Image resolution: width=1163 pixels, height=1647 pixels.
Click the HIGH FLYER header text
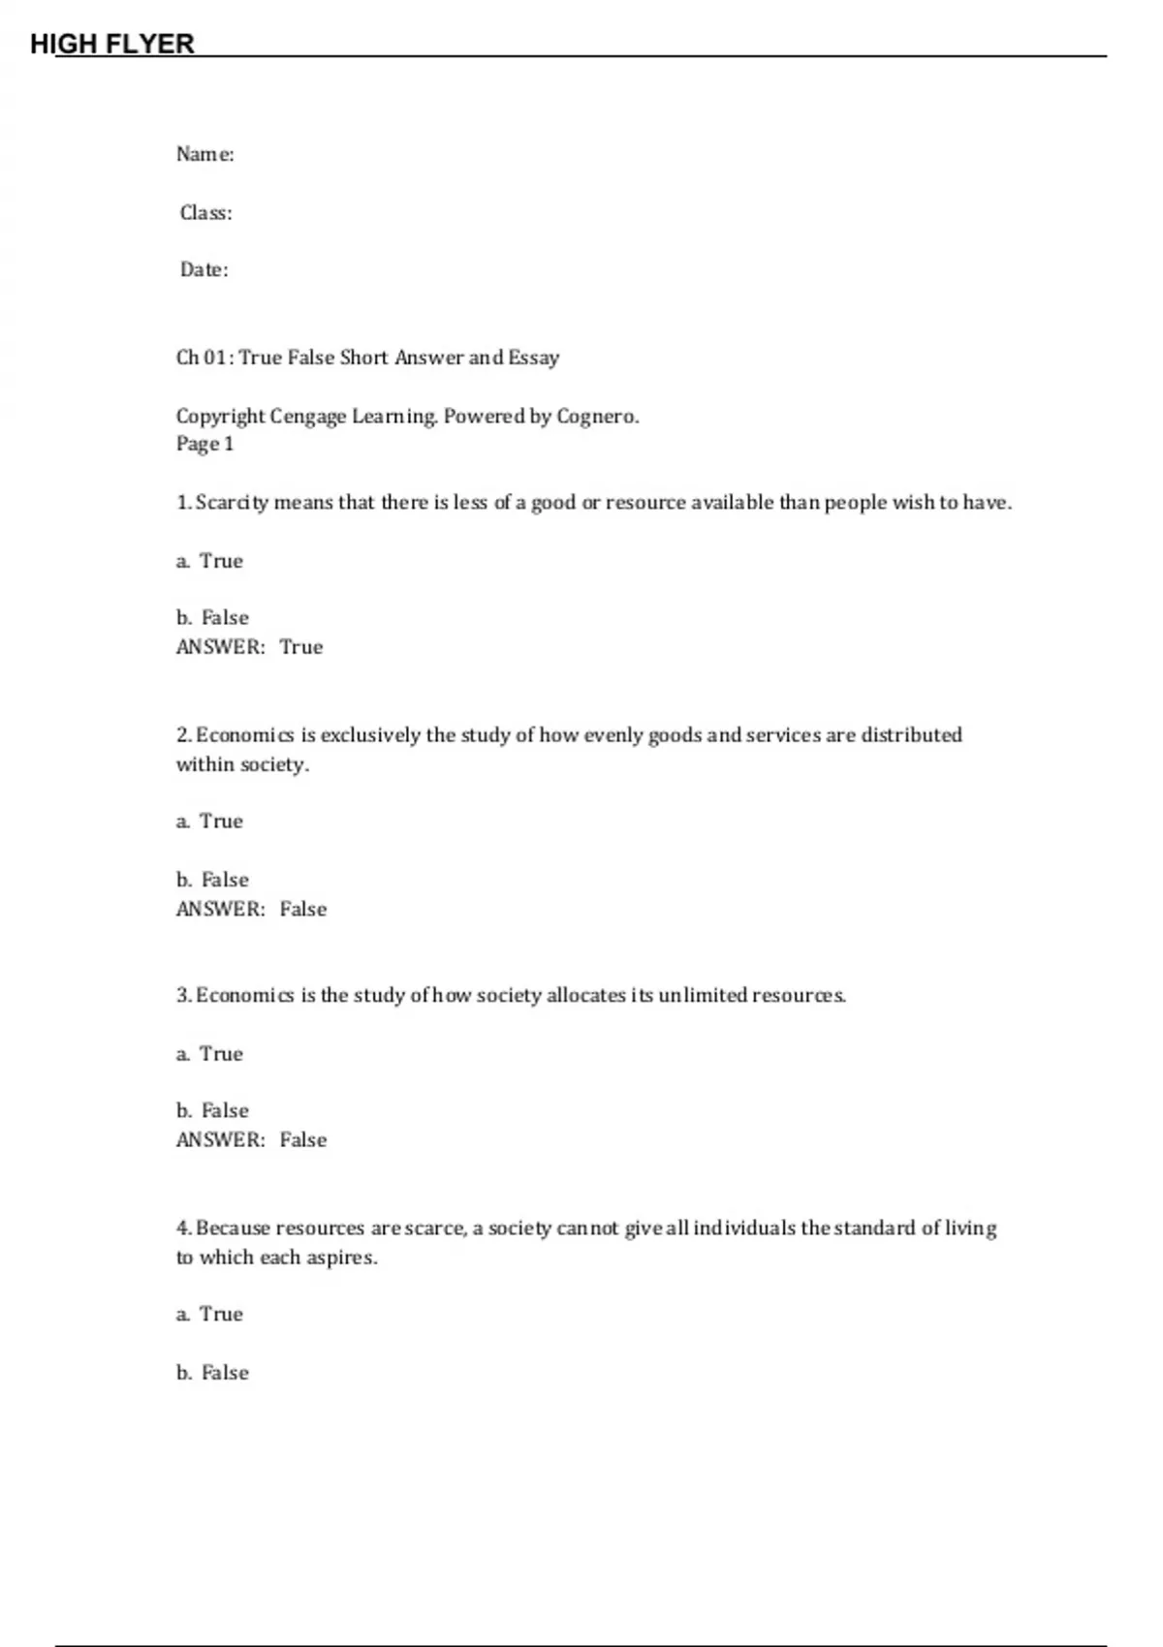(112, 44)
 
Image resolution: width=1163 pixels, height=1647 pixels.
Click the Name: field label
(205, 154)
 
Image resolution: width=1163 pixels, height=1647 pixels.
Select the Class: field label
(206, 212)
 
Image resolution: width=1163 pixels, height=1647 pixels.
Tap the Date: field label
(204, 269)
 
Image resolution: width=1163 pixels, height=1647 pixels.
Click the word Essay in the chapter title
(534, 357)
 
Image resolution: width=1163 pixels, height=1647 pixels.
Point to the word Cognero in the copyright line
(596, 416)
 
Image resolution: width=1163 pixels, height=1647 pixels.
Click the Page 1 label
(204, 444)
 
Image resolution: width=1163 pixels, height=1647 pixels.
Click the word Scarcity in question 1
(233, 502)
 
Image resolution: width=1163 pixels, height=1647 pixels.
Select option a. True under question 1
(210, 561)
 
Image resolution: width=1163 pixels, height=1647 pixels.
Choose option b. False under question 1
(213, 618)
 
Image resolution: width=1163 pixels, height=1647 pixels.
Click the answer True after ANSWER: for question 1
(301, 647)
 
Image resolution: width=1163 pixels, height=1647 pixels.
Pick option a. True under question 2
(210, 822)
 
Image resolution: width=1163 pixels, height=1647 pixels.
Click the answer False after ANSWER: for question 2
(303, 909)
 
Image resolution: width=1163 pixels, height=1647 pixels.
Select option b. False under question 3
(213, 1110)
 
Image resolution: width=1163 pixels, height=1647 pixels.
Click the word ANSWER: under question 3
(220, 1140)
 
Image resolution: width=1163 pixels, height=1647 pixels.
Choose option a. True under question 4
(210, 1315)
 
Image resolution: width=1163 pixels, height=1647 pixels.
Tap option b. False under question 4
(213, 1373)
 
